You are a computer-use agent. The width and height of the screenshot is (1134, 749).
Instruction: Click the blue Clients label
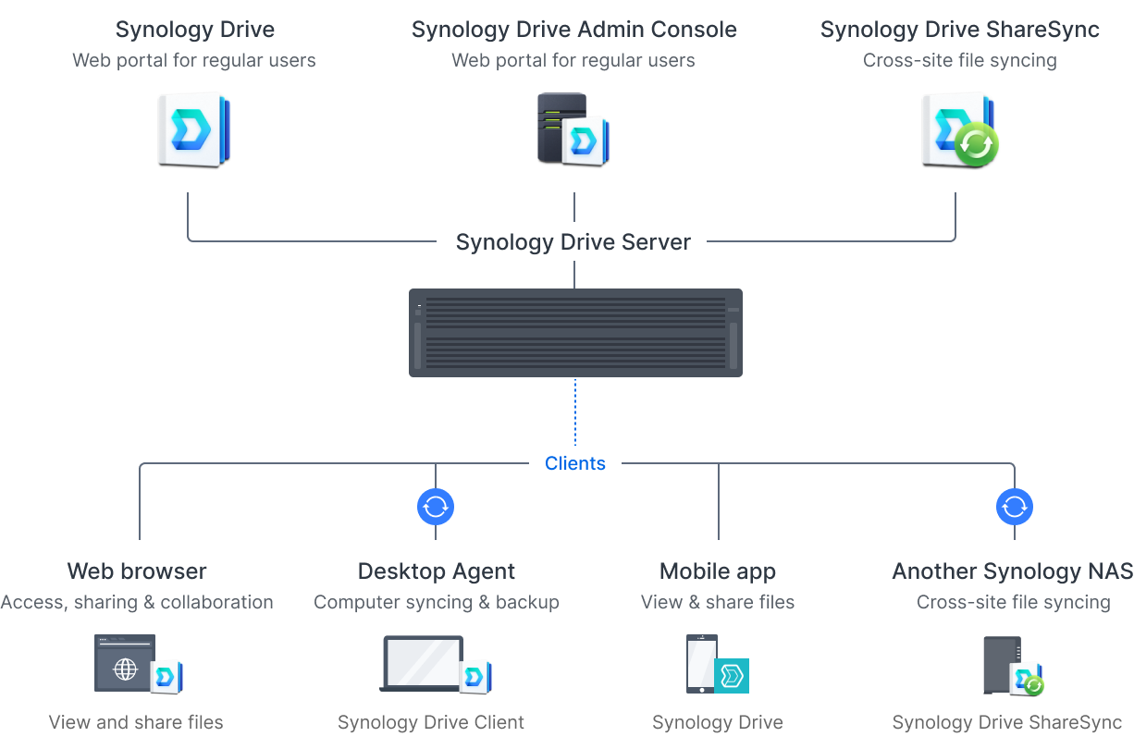coord(574,463)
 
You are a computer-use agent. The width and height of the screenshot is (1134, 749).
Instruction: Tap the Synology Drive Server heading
coord(573,242)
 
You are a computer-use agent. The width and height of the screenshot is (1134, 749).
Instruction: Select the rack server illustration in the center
coord(575,333)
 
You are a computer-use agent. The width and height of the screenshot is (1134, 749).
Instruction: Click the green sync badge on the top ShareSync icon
coord(976,145)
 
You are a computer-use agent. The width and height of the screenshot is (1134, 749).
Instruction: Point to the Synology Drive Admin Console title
coord(573,30)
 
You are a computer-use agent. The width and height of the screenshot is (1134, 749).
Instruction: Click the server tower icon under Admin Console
coord(561,127)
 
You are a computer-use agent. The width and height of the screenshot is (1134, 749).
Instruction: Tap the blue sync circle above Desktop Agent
coord(436,507)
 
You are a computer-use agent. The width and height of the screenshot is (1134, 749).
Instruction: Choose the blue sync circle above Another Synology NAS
coord(1015,507)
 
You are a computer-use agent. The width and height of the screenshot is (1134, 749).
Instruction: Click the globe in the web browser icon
coord(125,669)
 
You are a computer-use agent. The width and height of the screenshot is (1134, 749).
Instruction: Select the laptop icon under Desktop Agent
coord(422,663)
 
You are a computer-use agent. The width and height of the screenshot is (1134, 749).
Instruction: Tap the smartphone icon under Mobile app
coord(700,663)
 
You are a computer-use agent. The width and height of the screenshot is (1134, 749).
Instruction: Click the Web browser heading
coord(137,571)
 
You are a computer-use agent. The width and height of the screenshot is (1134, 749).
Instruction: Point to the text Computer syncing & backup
coord(436,602)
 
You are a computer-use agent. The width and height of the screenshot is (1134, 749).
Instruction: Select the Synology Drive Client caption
coord(431,722)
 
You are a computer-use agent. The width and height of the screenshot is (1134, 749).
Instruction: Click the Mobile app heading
coord(718,571)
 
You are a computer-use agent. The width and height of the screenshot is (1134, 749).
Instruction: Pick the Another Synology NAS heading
coord(1012,571)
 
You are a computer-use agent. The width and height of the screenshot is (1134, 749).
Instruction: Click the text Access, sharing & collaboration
coord(137,602)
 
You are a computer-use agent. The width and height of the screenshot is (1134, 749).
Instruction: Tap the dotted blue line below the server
coord(574,412)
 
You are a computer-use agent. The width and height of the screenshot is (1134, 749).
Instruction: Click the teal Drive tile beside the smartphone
coord(732,676)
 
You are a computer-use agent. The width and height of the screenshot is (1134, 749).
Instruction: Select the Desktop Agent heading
coord(437,571)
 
